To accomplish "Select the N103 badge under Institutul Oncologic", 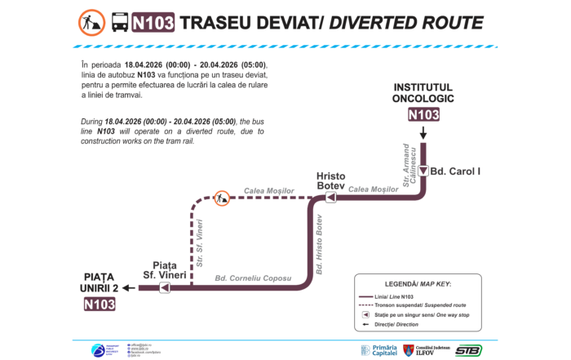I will point(423,114).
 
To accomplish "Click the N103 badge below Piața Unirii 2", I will point(100,304).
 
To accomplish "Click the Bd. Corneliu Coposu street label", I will point(253,279).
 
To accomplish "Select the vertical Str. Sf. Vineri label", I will point(200,243).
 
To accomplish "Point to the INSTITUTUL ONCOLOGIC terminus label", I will point(423,93).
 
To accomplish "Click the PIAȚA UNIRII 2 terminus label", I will point(100,282).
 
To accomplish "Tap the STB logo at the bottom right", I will point(467,349).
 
